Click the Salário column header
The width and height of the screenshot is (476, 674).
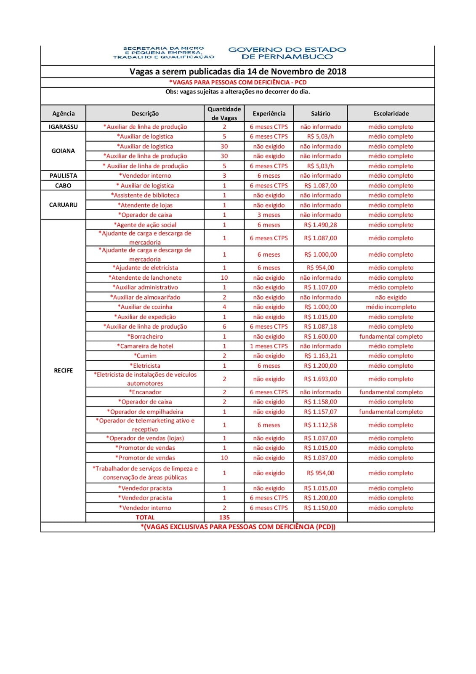(320, 113)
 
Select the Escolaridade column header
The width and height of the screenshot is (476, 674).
(391, 113)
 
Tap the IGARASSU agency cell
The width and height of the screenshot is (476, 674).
(63, 127)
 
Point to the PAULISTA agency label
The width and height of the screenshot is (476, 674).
(63, 176)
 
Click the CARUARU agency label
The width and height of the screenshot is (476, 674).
(63, 205)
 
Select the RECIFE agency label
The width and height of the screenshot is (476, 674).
(63, 370)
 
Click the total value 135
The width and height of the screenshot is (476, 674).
(224, 517)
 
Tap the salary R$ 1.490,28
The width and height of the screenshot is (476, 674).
(320, 225)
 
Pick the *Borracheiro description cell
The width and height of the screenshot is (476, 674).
(145, 336)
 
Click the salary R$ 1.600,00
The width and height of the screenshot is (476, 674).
(320, 336)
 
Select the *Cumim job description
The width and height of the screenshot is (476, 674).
(145, 356)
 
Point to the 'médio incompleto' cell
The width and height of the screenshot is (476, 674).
(391, 307)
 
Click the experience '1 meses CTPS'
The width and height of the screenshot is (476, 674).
(269, 346)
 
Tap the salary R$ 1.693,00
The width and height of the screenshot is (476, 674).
(320, 379)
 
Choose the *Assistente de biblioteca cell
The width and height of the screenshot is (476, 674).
(145, 195)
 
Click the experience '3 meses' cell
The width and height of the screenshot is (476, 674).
(269, 215)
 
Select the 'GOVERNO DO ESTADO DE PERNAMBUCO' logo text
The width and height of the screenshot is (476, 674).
(287, 53)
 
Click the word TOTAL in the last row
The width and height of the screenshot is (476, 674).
(145, 517)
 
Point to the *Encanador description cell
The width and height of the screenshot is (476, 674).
(145, 392)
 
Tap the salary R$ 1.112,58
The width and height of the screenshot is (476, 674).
(320, 425)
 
